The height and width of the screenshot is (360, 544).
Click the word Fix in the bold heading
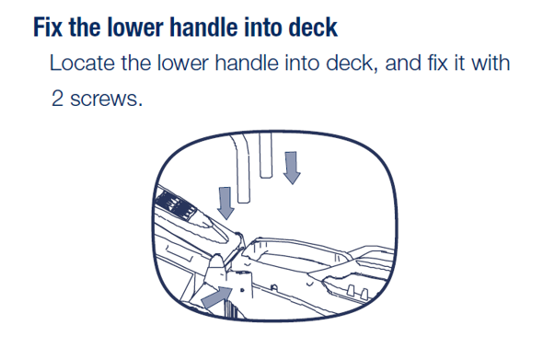[48, 27]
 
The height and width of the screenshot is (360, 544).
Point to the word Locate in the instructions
[82, 63]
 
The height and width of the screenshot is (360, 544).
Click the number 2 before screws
[57, 99]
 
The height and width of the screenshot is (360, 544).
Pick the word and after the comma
[403, 63]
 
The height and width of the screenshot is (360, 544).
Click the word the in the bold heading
[85, 27]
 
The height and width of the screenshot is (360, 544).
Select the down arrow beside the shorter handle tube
[292, 168]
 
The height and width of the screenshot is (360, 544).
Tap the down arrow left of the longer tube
[226, 203]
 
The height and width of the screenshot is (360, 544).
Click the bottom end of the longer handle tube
[244, 201]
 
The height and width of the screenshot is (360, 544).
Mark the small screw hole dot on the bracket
[242, 290]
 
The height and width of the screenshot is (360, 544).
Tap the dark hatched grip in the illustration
[176, 203]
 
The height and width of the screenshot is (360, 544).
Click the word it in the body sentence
[458, 63]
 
